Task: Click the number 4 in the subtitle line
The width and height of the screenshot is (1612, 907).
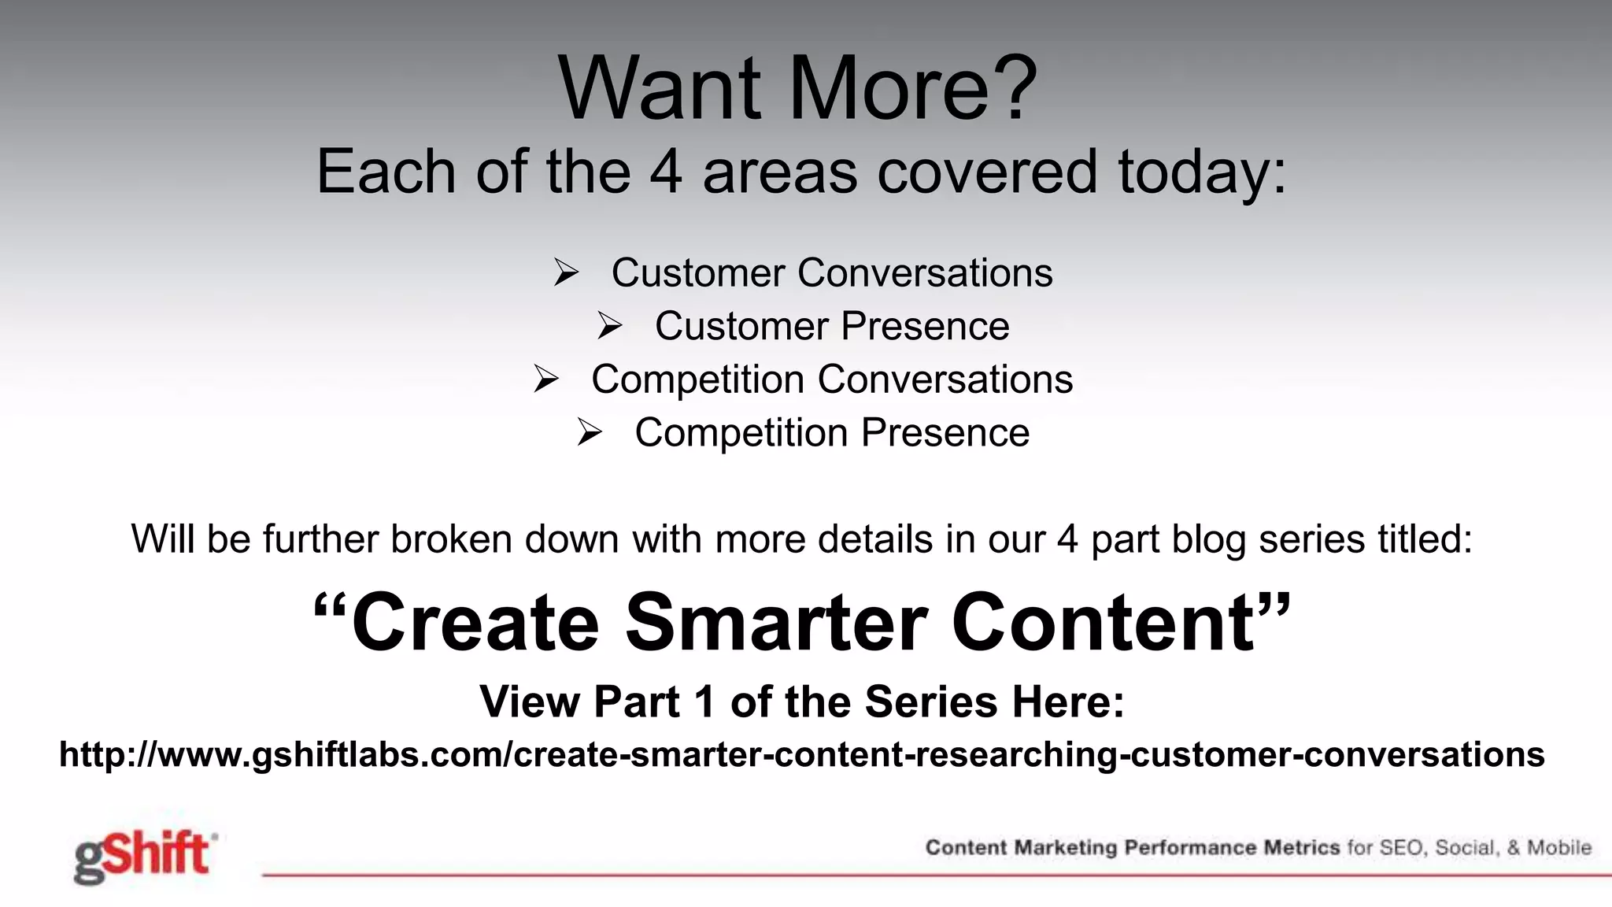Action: [x=665, y=172]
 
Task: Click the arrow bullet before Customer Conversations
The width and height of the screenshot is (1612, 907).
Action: [x=566, y=273]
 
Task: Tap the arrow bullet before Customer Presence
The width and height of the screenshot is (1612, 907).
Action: [x=609, y=326]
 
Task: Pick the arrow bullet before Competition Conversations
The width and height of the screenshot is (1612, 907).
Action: [x=545, y=379]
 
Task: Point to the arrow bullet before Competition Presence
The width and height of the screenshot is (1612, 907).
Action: [x=589, y=432]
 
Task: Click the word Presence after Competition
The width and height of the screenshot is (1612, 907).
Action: [x=945, y=433]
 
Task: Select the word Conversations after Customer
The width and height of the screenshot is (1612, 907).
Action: [x=925, y=273]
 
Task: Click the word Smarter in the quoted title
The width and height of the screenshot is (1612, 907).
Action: [x=775, y=624]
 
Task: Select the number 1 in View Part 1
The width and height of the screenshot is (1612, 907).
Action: [x=704, y=702]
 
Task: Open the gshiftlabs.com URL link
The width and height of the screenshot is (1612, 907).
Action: [x=801, y=754]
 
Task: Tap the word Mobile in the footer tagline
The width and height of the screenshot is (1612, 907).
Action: [x=1559, y=848]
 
